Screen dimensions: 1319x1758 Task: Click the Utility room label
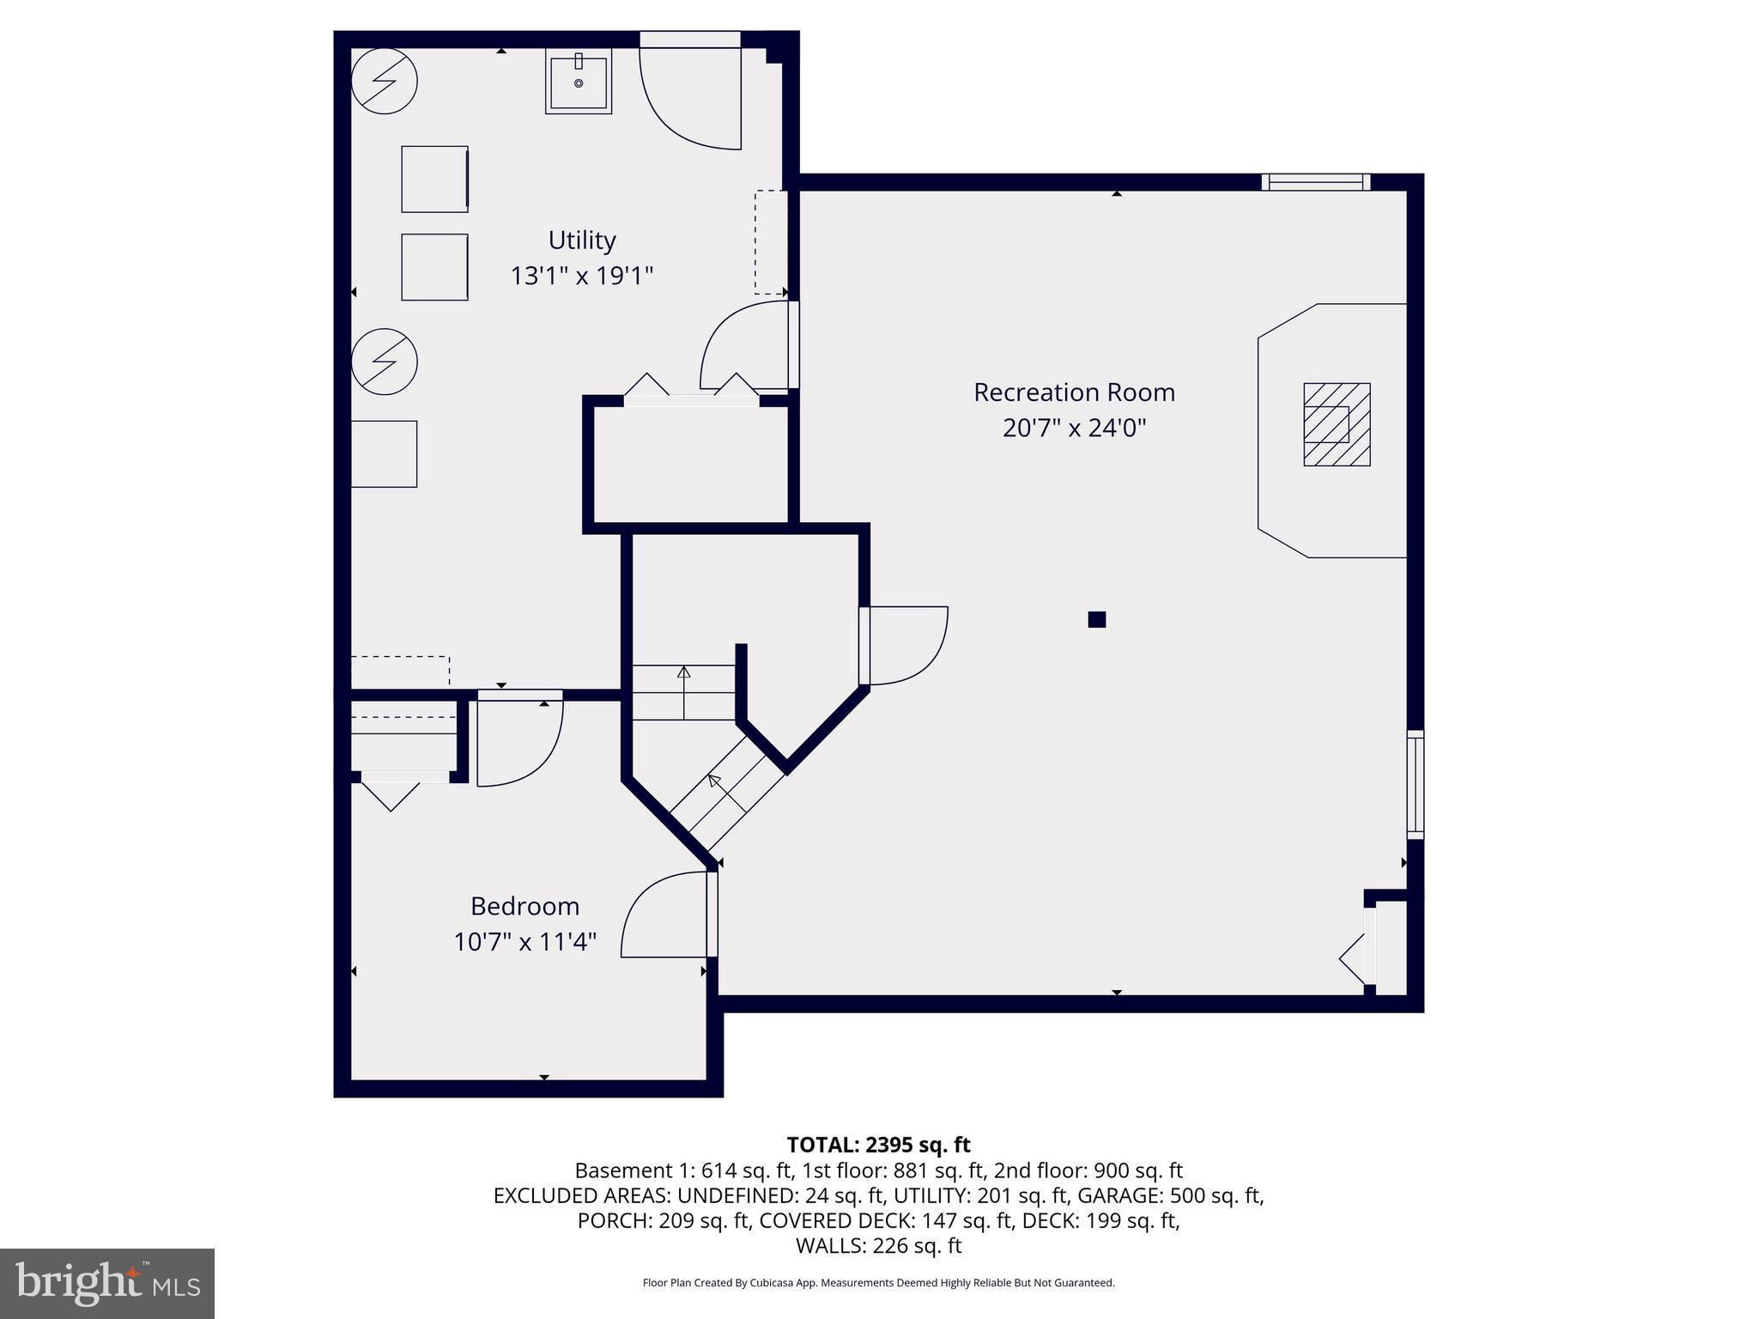pyautogui.click(x=582, y=240)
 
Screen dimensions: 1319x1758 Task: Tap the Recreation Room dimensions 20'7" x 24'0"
pyautogui.click(x=1074, y=428)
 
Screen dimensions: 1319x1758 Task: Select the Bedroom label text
pyautogui.click(x=524, y=906)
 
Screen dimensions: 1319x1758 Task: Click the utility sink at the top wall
pyautogui.click(x=579, y=82)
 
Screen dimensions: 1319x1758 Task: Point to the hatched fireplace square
pyautogui.click(x=1337, y=424)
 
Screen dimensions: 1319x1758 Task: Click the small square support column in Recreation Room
pyautogui.click(x=1096, y=619)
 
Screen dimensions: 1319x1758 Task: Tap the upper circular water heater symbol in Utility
pyautogui.click(x=385, y=81)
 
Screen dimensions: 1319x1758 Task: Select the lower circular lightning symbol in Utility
pyautogui.click(x=385, y=362)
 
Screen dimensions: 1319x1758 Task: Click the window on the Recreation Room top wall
pyautogui.click(x=1315, y=182)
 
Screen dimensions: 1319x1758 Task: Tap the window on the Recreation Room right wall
pyautogui.click(x=1415, y=784)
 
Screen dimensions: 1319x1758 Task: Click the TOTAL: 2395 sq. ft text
pyautogui.click(x=878, y=1145)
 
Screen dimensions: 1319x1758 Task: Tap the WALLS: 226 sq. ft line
pyautogui.click(x=878, y=1245)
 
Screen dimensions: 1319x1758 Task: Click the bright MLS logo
pyautogui.click(x=107, y=1283)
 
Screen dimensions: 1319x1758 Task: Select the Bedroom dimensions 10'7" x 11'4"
pyautogui.click(x=524, y=942)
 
